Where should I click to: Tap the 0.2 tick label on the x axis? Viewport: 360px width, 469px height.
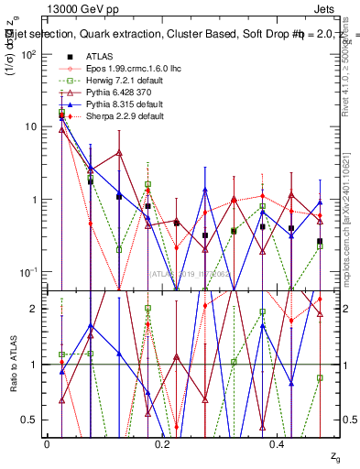coord(163,442)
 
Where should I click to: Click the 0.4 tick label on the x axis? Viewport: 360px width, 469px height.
coord(278,442)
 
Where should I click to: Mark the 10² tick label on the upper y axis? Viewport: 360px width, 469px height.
coord(29,55)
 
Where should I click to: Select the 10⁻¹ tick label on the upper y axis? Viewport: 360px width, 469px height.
coord(29,272)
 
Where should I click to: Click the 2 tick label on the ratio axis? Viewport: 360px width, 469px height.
coord(35,309)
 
